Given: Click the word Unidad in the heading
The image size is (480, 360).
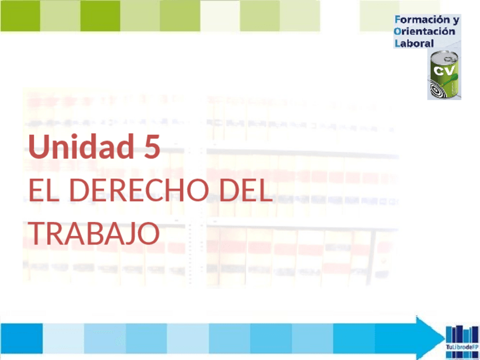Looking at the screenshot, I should coord(80,147).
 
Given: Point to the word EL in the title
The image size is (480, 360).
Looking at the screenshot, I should coord(44,191).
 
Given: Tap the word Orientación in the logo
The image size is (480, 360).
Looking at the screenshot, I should coord(425,32).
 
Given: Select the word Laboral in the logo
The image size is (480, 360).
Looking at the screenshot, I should coord(414,43).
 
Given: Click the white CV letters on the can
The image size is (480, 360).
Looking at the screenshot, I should coord(444,71).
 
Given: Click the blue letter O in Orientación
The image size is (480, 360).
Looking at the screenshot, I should coord(398,32).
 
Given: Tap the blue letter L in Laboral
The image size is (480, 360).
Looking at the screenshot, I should coord(397,43).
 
